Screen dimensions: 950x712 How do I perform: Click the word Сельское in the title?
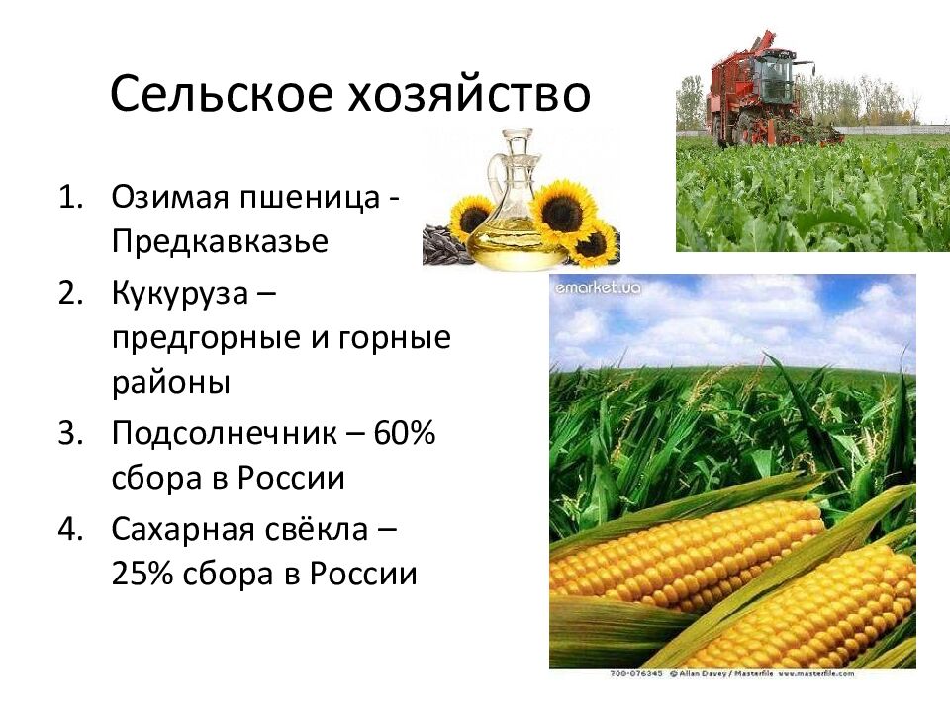222,94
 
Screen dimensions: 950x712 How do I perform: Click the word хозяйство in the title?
469,94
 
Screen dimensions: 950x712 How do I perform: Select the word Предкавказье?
220,241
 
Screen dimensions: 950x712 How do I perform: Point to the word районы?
171,383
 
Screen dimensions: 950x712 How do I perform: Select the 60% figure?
405,432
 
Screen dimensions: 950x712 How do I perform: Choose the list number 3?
70,433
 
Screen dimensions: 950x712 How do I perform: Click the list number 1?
70,197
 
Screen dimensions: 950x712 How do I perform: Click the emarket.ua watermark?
598,288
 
